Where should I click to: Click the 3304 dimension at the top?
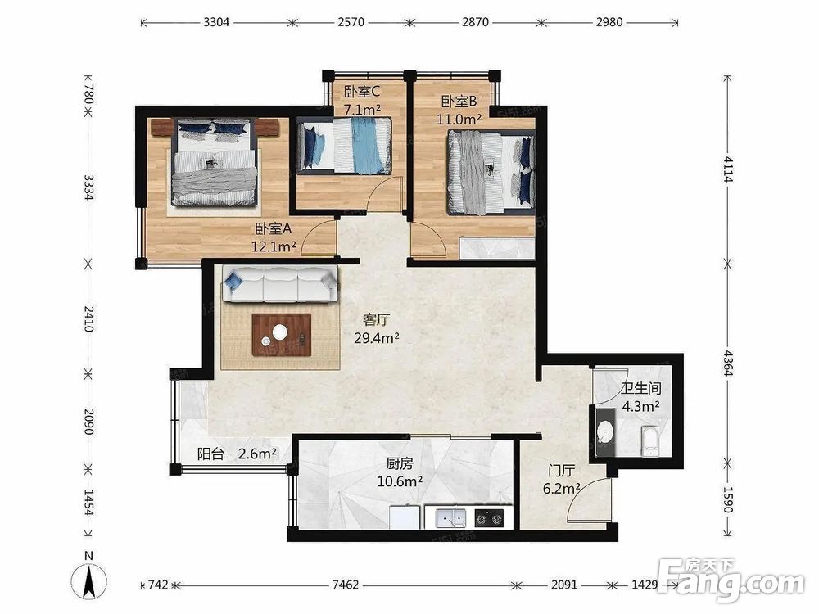pos(217,22)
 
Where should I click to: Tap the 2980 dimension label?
pos(609,22)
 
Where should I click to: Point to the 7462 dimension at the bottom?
pos(346,585)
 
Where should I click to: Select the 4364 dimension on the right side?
pos(727,363)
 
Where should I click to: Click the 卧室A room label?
pos(274,228)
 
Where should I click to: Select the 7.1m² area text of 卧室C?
pos(362,110)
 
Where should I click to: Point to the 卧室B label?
pos(459,101)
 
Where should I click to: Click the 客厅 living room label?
pos(377,319)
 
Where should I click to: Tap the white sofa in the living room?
pos(280,283)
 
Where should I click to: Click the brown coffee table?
pos(282,335)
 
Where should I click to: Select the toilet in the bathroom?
pos(649,440)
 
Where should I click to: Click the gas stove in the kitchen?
pos(490,518)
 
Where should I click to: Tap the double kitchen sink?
pos(450,518)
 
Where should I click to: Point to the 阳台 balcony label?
pos(210,454)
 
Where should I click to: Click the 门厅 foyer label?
pos(562,471)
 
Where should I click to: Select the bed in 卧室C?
pos(344,146)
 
